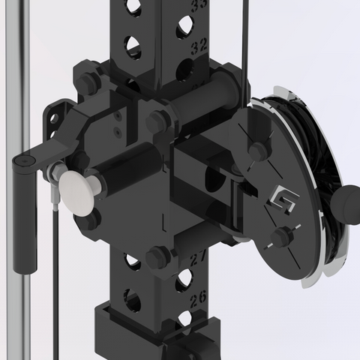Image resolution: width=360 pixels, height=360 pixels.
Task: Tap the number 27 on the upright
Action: [x=198, y=259]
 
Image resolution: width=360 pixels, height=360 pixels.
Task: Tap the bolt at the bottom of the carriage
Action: [x=157, y=257]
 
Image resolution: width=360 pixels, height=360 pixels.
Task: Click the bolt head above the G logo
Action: [x=259, y=151]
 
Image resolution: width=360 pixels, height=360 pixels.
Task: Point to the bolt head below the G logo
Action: [x=280, y=238]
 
